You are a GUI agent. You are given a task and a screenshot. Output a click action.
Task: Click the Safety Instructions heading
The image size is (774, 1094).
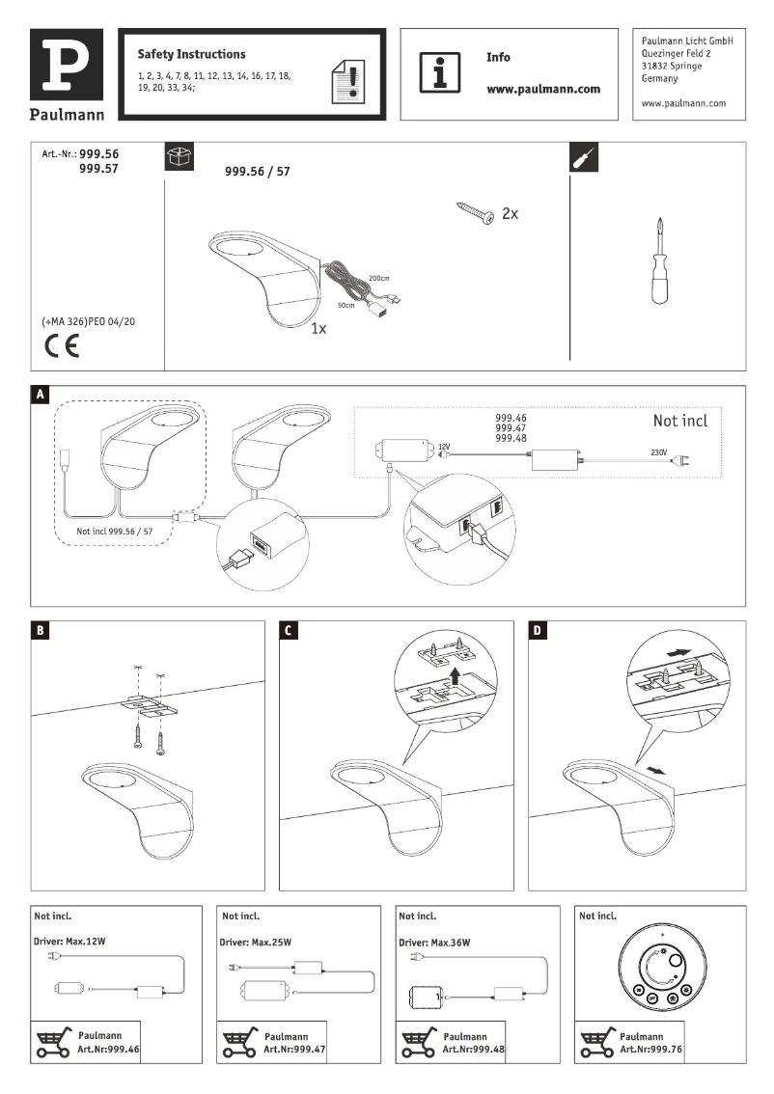pyautogui.click(x=191, y=55)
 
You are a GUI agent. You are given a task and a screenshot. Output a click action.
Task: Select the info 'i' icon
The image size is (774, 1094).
pyautogui.click(x=439, y=73)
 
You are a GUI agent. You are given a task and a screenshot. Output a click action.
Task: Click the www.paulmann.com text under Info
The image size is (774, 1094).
pyautogui.click(x=542, y=89)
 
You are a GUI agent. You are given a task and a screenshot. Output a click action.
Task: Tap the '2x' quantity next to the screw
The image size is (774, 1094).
pyautogui.click(x=510, y=213)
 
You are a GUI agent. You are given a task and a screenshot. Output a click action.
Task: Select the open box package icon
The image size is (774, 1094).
pyautogui.click(x=180, y=157)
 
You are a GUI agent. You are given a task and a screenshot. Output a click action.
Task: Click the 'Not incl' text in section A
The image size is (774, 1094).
pyautogui.click(x=679, y=422)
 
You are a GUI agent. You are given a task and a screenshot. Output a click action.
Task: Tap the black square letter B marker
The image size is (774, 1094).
pyautogui.click(x=40, y=631)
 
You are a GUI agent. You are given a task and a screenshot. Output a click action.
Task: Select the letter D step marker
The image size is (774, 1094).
pyautogui.click(x=538, y=631)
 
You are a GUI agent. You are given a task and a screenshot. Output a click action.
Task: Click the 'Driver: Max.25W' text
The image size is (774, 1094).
pyautogui.click(x=257, y=942)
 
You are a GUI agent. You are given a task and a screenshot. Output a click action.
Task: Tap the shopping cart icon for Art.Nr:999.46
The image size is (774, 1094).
pyautogui.click(x=52, y=1043)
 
